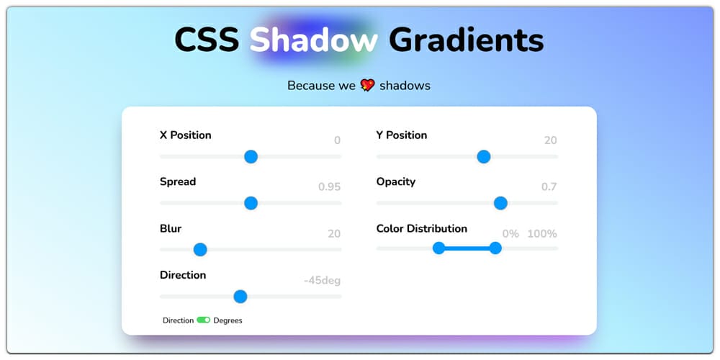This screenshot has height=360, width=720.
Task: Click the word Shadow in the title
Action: click(313, 40)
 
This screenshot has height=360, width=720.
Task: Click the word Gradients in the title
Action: click(466, 40)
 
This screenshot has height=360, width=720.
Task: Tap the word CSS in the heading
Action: click(207, 40)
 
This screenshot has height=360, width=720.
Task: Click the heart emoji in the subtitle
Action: click(367, 86)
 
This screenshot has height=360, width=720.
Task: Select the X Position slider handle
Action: click(251, 156)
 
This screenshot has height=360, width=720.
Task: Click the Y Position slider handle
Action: click(484, 156)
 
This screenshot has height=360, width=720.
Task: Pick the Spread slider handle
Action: click(251, 203)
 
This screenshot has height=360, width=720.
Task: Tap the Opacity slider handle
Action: click(500, 203)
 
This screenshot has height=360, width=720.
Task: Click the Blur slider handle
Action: click(200, 250)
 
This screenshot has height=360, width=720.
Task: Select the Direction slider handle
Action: click(240, 297)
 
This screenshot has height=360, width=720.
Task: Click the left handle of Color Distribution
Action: click(438, 248)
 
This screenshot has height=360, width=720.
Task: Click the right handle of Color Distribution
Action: click(495, 248)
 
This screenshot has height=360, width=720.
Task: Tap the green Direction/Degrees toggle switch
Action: click(204, 320)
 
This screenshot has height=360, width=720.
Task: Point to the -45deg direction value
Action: click(322, 281)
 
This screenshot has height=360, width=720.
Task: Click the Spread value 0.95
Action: click(329, 187)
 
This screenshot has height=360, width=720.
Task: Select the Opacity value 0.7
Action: click(549, 187)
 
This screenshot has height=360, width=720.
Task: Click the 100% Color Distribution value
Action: click(542, 234)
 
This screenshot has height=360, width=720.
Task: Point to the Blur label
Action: click(171, 228)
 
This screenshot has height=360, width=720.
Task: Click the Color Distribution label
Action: click(421, 228)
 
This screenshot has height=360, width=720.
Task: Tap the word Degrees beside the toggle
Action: click(228, 320)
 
